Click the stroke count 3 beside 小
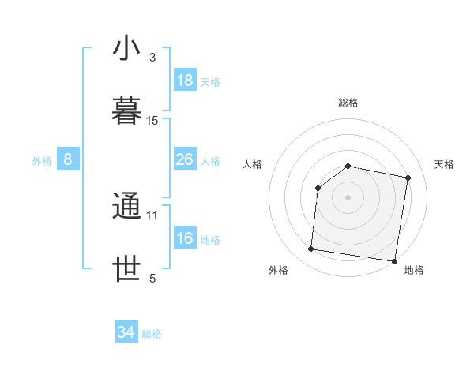152,58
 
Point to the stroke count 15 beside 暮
152,121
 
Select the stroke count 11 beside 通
152,215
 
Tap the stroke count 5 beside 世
152,278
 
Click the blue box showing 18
185,81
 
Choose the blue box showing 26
185,159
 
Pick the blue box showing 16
185,238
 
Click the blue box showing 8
68,159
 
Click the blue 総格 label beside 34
152,334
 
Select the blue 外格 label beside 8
42,161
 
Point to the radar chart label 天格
445,164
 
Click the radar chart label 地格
414,270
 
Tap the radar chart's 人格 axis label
252,164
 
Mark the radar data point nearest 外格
310,249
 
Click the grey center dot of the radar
348,197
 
